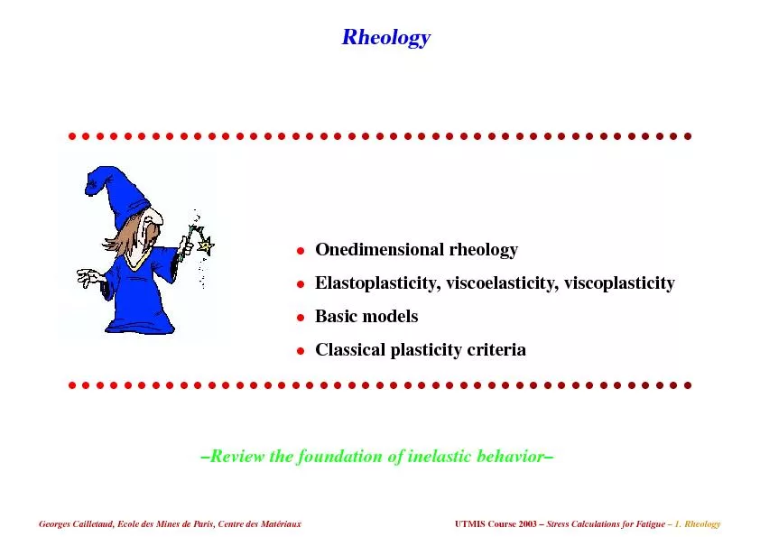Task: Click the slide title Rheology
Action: coord(385,38)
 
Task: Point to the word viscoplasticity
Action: coord(621,283)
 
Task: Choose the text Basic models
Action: coord(366,317)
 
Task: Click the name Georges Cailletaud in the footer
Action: coord(74,524)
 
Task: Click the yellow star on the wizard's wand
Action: coord(205,245)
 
